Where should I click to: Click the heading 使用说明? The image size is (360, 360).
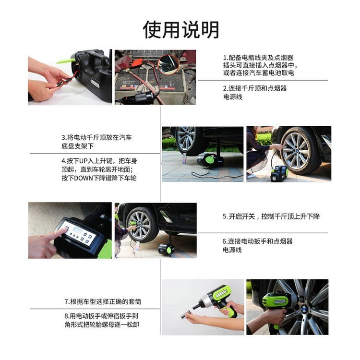(181, 30)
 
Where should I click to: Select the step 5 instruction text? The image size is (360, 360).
(271, 216)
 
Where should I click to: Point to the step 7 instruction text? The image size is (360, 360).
(103, 301)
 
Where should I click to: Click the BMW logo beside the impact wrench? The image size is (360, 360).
(304, 309)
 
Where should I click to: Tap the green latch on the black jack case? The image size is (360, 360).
(65, 61)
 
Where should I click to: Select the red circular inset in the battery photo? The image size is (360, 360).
(168, 64)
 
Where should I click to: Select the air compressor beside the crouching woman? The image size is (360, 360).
(279, 173)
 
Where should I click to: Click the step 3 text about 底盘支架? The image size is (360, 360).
(78, 146)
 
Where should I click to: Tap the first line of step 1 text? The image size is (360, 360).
(258, 58)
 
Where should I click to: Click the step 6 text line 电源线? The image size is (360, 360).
(232, 250)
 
